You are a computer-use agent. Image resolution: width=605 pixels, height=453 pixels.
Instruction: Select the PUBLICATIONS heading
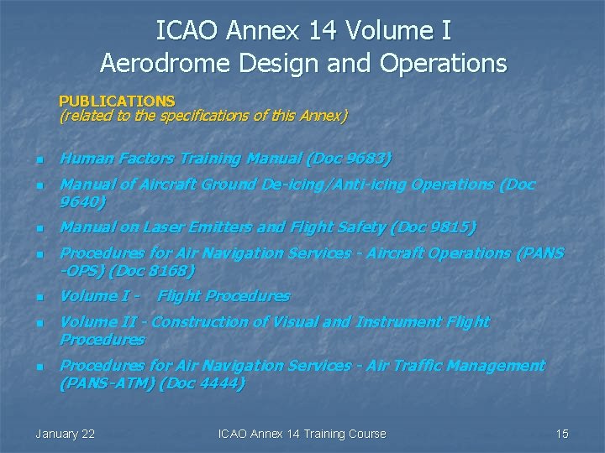click(x=117, y=102)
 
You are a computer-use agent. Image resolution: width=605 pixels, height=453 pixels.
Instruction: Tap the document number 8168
click(x=170, y=271)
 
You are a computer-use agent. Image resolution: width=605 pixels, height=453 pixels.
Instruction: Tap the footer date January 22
click(x=66, y=434)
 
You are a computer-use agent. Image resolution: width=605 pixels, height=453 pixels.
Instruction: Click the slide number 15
click(x=562, y=434)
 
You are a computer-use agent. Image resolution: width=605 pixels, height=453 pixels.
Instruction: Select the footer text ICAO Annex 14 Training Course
click(x=302, y=434)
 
